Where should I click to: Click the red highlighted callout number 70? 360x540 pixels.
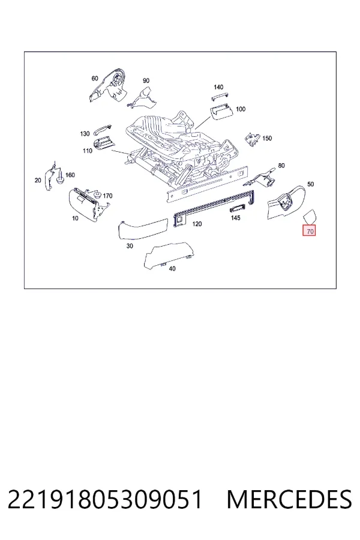pos(310,232)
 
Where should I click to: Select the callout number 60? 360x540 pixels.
pos(95,79)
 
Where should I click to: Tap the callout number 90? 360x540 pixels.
pos(146,80)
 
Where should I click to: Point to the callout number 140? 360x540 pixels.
pos(218,87)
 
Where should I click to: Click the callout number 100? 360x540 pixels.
pos(241,109)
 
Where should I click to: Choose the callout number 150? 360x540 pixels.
pos(267,139)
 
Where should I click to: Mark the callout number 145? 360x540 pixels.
pos(235,218)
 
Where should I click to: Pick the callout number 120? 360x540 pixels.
pos(197,224)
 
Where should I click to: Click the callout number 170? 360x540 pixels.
pos(108,196)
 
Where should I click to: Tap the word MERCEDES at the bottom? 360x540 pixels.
pos(289,499)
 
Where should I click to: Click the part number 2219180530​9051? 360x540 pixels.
pos(105,499)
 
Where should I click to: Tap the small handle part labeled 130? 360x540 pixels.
pos(103,129)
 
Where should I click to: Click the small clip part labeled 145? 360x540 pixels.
pos(238,208)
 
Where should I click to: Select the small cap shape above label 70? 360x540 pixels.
pos(310,216)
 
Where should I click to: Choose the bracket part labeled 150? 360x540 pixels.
pos(252,139)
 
